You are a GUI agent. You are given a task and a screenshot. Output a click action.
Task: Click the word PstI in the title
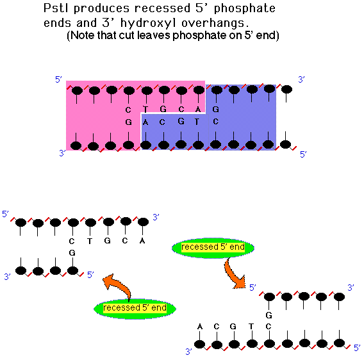click(56, 8)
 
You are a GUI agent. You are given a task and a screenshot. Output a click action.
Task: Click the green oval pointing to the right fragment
click(213, 248)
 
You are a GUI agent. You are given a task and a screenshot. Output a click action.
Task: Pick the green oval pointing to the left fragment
click(135, 309)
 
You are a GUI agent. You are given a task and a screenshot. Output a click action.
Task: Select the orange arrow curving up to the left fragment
click(118, 286)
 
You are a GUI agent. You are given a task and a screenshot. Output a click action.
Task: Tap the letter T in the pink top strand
click(145, 109)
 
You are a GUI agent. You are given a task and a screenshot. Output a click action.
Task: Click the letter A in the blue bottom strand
click(145, 122)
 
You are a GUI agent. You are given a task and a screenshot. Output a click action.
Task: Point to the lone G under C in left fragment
click(72, 252)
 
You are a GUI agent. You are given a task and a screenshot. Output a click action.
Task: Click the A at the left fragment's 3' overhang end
click(142, 241)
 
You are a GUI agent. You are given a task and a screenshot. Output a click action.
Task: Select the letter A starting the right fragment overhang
click(200, 327)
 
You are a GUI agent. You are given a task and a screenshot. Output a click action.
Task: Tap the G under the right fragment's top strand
click(269, 315)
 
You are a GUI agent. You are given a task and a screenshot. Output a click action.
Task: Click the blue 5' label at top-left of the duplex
click(58, 79)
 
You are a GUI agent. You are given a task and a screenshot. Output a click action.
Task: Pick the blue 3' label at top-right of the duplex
click(301, 79)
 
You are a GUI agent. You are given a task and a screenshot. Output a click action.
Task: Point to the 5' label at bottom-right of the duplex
click(303, 154)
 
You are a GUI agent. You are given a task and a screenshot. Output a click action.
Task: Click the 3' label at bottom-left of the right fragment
click(189, 352)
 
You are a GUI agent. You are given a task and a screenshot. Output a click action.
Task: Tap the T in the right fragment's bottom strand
click(251, 327)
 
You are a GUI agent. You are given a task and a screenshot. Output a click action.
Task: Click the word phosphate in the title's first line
click(245, 9)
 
